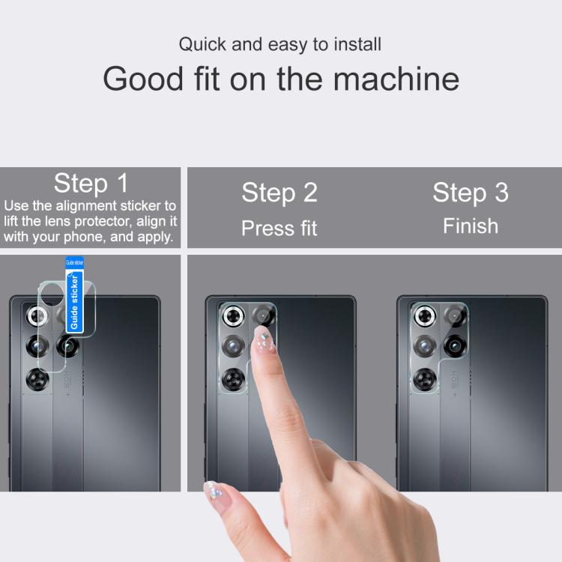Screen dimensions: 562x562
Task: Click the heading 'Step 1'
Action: point(91,183)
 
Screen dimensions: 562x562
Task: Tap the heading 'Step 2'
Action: point(280,193)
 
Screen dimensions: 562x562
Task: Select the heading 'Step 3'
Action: point(471,193)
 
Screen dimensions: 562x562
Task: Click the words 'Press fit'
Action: point(280,228)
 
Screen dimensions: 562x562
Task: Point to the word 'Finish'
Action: point(471,226)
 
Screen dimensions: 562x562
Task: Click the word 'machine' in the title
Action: point(396,79)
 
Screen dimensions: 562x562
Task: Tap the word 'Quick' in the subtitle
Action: point(202,45)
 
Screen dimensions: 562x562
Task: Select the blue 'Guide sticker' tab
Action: point(74,294)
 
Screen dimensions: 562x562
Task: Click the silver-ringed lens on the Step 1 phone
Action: point(37,316)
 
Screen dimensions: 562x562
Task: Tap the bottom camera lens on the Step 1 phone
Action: point(37,379)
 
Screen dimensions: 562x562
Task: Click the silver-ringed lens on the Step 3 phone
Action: point(425,316)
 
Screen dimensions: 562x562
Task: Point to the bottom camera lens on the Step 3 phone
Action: point(425,379)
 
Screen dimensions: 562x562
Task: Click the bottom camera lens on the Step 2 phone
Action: point(234,379)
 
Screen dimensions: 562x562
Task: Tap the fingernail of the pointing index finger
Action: point(264,339)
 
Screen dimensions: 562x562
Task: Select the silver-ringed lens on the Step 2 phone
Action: point(233,316)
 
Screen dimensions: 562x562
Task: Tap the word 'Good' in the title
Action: point(143,79)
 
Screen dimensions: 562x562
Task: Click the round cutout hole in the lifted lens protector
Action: point(52,294)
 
